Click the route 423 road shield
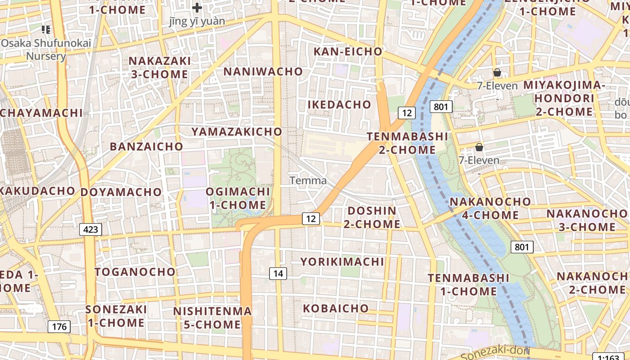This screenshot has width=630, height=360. click(90, 229)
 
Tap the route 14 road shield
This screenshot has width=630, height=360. click(278, 273)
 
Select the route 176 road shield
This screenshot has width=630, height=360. click(59, 327)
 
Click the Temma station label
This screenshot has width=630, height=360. click(308, 181)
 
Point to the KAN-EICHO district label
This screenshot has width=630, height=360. click(348, 52)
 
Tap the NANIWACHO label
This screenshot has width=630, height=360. click(263, 72)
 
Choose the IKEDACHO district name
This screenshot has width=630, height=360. click(339, 105)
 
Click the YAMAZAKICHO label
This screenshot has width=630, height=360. click(237, 132)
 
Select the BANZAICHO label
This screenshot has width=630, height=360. click(146, 147)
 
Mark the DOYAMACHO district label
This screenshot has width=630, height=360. click(121, 192)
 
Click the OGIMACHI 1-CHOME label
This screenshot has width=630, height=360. click(238, 198)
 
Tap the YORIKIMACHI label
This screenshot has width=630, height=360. click(342, 262)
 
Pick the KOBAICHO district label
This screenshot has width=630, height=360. click(336, 309)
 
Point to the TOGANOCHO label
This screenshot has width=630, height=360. click(135, 272)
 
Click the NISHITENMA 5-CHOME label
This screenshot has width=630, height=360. click(212, 318)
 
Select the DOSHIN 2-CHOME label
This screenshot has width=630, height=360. click(372, 217)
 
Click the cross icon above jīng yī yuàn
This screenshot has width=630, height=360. click(197, 8)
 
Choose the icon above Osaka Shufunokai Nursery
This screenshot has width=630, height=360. click(45, 30)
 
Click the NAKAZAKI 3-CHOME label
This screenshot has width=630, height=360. click(159, 67)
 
